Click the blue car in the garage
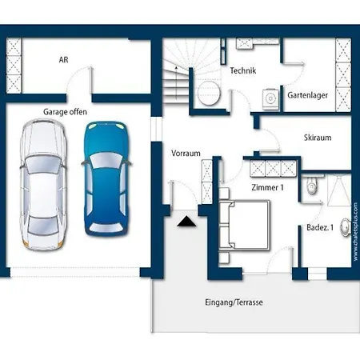point(106,178)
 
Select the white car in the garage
point(42,185)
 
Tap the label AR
point(63,59)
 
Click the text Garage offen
point(65,112)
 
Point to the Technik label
point(243,70)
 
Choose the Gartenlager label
point(307,95)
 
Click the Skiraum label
point(318,138)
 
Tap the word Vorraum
point(186,154)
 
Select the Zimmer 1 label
point(267,187)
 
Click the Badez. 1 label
point(320,227)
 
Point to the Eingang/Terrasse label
point(234,302)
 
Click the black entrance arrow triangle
point(186,222)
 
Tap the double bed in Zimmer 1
point(244,226)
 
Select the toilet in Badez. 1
point(312,185)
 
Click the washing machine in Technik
point(270,99)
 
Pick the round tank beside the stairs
point(209,93)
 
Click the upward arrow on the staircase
point(176,83)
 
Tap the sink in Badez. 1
point(346,227)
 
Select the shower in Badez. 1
point(339,190)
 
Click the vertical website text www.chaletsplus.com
point(355,232)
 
